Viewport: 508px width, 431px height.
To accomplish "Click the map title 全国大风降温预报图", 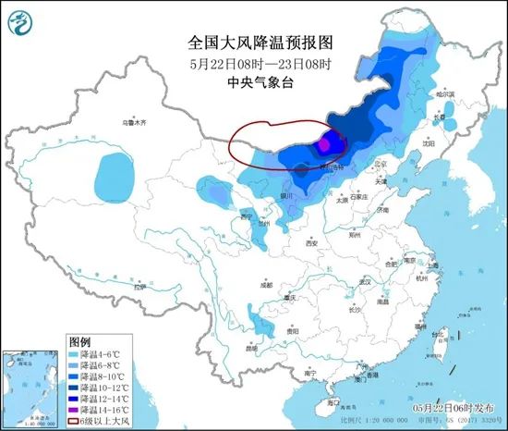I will [x=253, y=43].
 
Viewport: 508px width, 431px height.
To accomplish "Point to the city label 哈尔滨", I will [x=445, y=94].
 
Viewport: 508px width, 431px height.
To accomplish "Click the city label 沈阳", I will [x=428, y=143].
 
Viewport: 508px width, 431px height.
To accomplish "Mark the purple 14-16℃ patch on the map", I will [x=324, y=143].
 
